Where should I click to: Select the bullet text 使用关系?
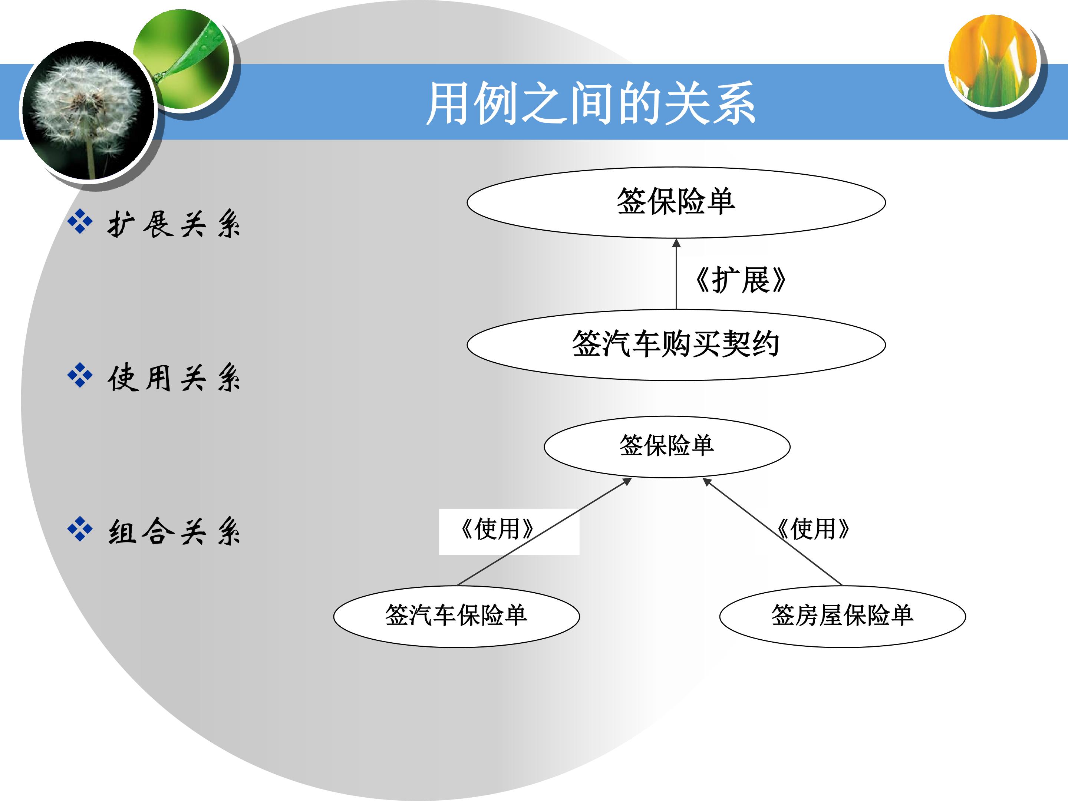coord(174,378)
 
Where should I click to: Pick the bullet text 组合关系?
coord(174,531)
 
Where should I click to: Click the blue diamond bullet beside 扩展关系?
coord(80,222)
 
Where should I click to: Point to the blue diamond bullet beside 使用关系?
coord(80,376)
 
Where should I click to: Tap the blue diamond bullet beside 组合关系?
coord(80,529)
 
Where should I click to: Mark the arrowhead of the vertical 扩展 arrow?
coord(676,243)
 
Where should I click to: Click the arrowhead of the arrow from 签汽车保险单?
coord(628,481)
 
